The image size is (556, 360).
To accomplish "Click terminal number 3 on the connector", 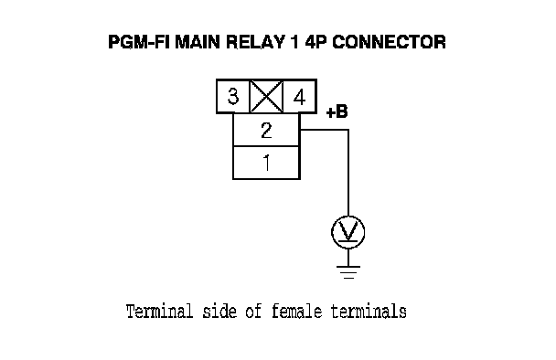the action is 233,96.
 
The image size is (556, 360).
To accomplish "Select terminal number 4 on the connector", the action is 300,97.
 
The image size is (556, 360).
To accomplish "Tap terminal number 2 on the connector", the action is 266,130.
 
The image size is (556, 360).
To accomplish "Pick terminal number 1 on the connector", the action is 267,163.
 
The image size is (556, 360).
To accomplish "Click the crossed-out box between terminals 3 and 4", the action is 266,96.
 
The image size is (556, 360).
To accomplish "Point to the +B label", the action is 337,111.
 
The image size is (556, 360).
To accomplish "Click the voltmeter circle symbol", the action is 347,232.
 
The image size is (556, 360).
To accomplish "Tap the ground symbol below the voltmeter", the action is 348,271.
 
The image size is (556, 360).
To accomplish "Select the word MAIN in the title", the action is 198,42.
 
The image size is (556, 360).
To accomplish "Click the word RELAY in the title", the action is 255,42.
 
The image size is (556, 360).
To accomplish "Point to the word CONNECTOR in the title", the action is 389,42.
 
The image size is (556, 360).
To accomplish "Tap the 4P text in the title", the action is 315,42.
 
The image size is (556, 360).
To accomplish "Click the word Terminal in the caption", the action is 159,312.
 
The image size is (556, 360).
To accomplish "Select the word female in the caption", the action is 297,312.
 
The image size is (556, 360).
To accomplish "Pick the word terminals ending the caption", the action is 369,312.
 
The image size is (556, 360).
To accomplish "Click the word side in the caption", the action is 219,312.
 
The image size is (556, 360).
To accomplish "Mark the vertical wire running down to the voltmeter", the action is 348,173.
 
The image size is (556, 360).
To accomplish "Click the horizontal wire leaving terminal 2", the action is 324,130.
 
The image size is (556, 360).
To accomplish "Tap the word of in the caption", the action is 254,312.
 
